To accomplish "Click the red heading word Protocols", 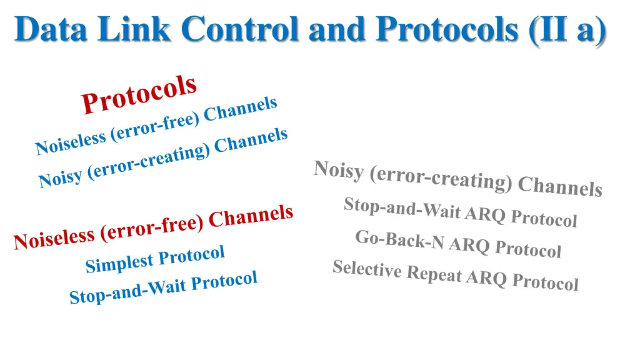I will [x=139, y=95].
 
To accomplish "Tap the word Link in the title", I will [x=142, y=29].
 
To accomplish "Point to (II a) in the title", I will [x=566, y=29].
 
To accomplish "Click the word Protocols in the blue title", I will [x=447, y=29].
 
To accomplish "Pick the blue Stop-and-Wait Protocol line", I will [x=163, y=288].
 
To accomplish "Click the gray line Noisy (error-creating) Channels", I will [x=457, y=178].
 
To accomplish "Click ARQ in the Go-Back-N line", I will [x=469, y=246].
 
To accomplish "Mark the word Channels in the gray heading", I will [x=560, y=186].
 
